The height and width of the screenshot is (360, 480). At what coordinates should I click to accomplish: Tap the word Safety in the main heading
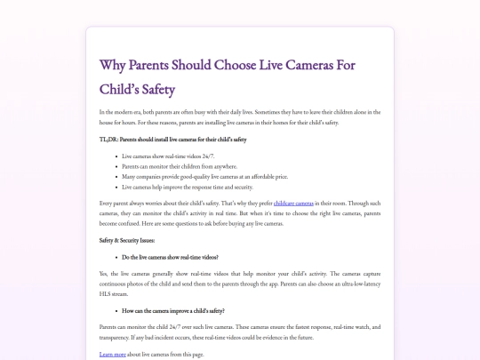(153, 89)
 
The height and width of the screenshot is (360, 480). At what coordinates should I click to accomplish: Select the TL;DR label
(108, 140)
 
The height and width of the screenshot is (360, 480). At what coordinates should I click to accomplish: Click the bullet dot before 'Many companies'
(116, 177)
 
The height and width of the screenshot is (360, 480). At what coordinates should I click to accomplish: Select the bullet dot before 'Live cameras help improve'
(116, 188)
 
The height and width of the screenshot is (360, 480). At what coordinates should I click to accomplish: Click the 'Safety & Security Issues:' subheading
(128, 241)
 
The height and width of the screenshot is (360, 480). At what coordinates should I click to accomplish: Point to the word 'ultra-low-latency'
(353, 284)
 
